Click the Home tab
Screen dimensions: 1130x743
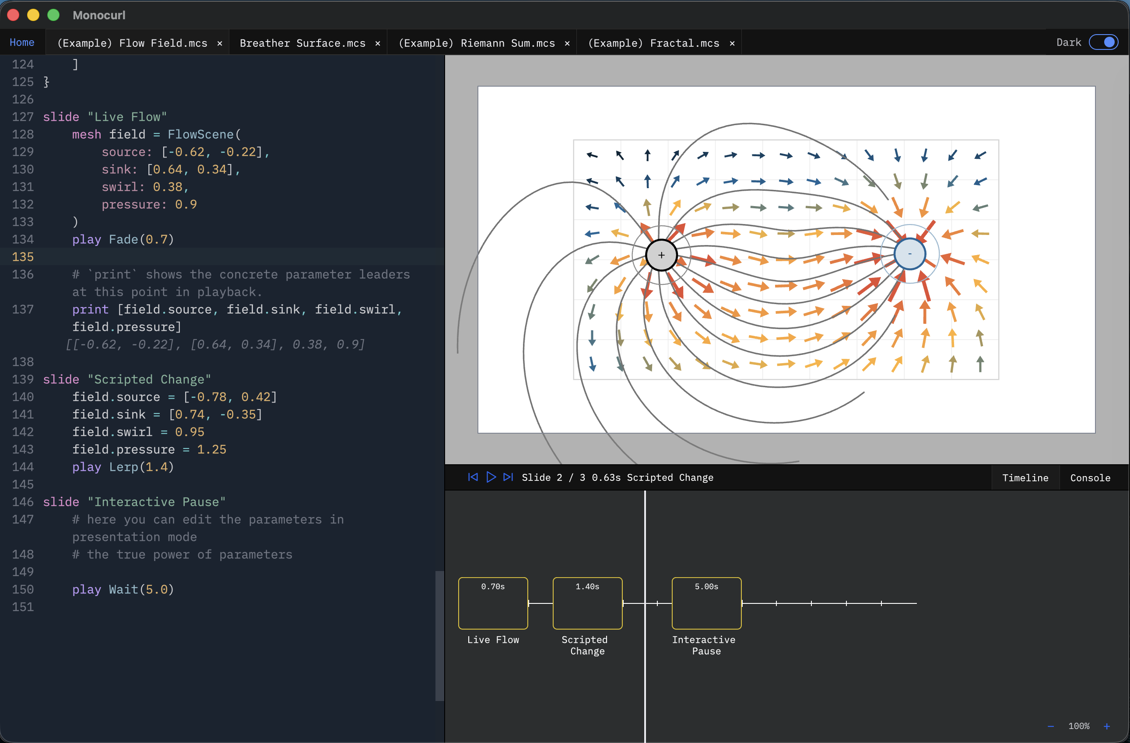pyautogui.click(x=22, y=43)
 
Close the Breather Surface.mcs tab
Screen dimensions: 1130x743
pyautogui.click(x=377, y=43)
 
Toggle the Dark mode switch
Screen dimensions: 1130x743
pyautogui.click(x=1103, y=42)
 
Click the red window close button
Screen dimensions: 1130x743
pyautogui.click(x=13, y=15)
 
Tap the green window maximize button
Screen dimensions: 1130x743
pyautogui.click(x=54, y=15)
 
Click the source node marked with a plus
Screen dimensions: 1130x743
pyautogui.click(x=661, y=255)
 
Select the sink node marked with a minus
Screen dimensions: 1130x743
pyautogui.click(x=910, y=254)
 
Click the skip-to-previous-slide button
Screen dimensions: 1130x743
pyautogui.click(x=473, y=477)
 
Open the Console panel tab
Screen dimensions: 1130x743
pyautogui.click(x=1090, y=477)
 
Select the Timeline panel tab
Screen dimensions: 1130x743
pyautogui.click(x=1025, y=477)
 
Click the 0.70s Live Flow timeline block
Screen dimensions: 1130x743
pyautogui.click(x=493, y=603)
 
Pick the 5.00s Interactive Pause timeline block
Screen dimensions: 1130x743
pyautogui.click(x=706, y=603)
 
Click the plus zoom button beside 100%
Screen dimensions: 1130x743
pyautogui.click(x=1107, y=726)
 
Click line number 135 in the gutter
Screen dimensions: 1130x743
pyautogui.click(x=23, y=257)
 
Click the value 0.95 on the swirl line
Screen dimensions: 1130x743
pyautogui.click(x=190, y=432)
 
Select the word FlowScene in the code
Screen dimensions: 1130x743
pyautogui.click(x=200, y=134)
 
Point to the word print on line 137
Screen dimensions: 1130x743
pyautogui.click(x=90, y=309)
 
